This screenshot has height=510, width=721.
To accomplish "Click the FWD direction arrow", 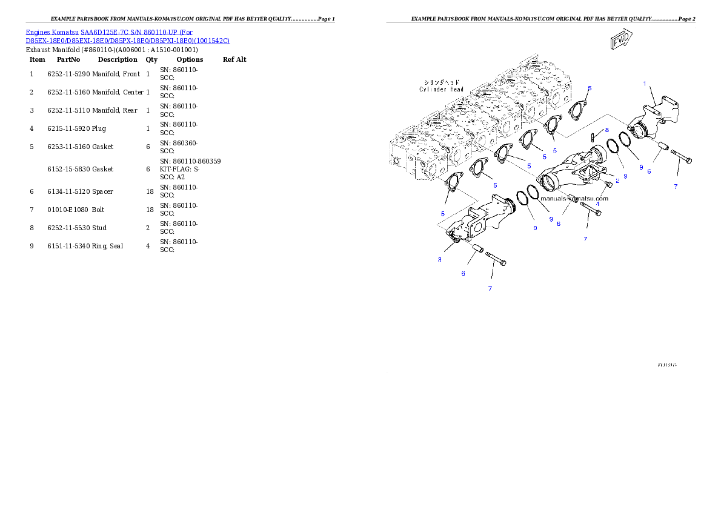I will coord(621,41).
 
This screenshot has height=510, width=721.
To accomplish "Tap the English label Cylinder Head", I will coord(441,89).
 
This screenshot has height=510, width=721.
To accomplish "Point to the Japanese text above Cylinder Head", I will coord(441,82).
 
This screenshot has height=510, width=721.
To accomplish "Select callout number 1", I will coord(645,83).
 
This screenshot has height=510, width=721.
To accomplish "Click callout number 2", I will coord(617,180).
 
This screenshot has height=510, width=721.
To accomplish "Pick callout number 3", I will coord(440,259).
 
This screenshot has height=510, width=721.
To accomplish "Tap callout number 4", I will coord(597,204).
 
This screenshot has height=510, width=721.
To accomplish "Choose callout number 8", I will coord(606,130).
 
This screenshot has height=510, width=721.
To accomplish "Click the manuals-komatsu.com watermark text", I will coord(574,198).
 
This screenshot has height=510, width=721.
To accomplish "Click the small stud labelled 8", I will coord(593,136).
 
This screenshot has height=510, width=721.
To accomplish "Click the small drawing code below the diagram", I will coord(667,365).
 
